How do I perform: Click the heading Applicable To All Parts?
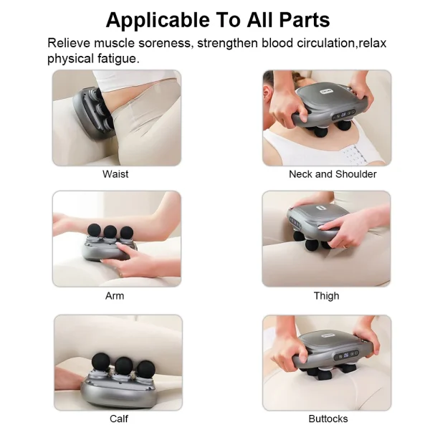pos(218,19)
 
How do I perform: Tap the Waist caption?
pos(115,174)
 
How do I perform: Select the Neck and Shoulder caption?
pos(333,174)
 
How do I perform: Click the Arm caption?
pos(115,295)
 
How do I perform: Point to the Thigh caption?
pos(326,295)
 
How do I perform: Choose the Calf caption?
pos(119,419)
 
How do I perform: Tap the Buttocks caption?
pos(328,419)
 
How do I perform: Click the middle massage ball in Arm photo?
pos(110,231)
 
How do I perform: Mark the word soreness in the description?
pos(164,43)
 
